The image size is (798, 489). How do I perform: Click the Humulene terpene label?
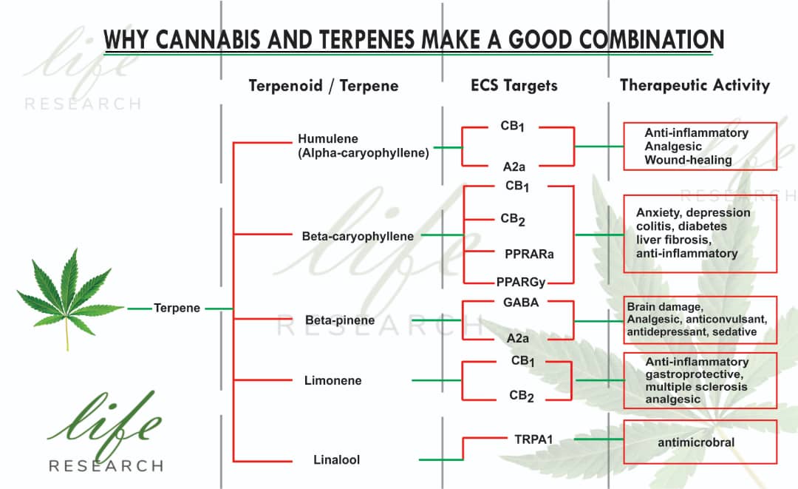pos(364,146)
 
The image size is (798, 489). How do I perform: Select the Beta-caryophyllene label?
pos(358,236)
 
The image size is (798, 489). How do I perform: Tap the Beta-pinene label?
pos(340,320)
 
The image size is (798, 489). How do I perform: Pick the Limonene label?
pos(332,380)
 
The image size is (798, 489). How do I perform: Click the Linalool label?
pos(336,459)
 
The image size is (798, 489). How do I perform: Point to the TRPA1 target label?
pos(533,439)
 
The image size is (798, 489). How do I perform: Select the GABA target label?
pos(521,303)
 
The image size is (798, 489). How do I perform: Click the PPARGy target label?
pos(521,282)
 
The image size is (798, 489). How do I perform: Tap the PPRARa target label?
pos(529,254)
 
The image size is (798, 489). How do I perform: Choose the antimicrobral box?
pos(700,442)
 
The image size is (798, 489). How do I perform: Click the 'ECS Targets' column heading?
pos(514,85)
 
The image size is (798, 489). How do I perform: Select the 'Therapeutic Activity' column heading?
pos(695,85)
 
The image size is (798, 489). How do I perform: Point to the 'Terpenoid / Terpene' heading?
pos(324,86)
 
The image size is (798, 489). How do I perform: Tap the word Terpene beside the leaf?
pos(177,308)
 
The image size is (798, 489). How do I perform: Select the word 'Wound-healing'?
pos(688,160)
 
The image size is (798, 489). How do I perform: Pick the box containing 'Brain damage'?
pos(700,320)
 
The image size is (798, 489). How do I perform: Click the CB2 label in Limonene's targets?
pos(522,397)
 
